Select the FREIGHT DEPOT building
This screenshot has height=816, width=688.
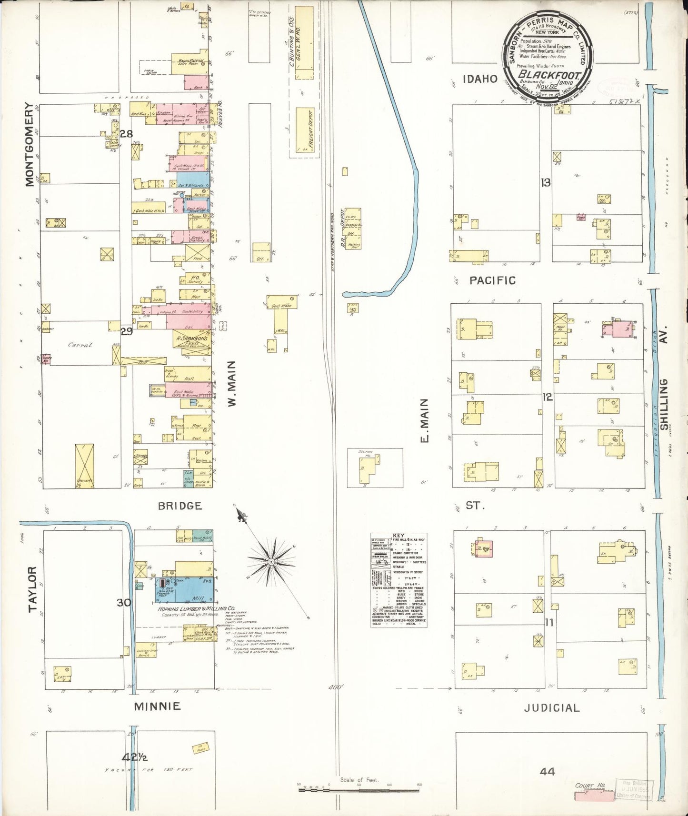307,129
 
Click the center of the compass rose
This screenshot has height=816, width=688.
271,562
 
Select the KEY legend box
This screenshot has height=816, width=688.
399,579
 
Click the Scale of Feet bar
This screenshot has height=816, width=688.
359,789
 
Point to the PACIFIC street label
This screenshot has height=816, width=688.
492,280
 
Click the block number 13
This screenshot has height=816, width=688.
546,182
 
